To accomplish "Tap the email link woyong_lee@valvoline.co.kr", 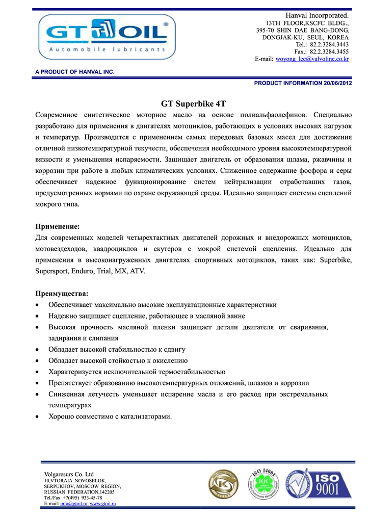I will coord(312,59).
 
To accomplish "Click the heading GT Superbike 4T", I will coord(194,103).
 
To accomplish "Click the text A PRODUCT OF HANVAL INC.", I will coord(74,72).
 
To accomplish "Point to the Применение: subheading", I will coord(57,226).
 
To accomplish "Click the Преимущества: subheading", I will coord(61,294).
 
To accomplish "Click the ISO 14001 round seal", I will coord(263,485).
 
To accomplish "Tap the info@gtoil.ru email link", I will coord(74,504).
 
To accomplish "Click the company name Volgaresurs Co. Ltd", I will coord(69,475).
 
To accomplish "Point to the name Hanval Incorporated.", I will coord(318,16).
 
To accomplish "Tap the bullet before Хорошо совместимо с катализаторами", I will coord(38,416).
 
